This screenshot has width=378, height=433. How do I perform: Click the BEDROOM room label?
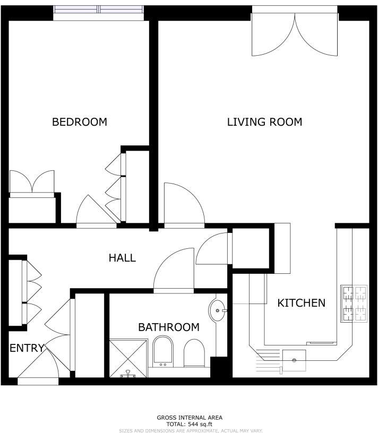click(79, 122)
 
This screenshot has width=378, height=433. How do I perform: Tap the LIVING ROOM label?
click(264, 122)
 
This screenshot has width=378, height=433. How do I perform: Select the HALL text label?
click(122, 258)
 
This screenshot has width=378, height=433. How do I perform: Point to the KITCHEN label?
click(301, 303)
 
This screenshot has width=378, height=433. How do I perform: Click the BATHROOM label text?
click(169, 327)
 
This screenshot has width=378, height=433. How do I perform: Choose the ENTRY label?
click(27, 348)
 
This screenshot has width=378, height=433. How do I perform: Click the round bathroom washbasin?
click(218, 310)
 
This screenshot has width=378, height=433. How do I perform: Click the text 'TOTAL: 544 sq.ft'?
click(189, 424)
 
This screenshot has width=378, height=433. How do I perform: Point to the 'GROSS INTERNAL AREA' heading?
click(189, 418)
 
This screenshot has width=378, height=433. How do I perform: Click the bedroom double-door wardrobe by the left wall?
click(32, 183)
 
